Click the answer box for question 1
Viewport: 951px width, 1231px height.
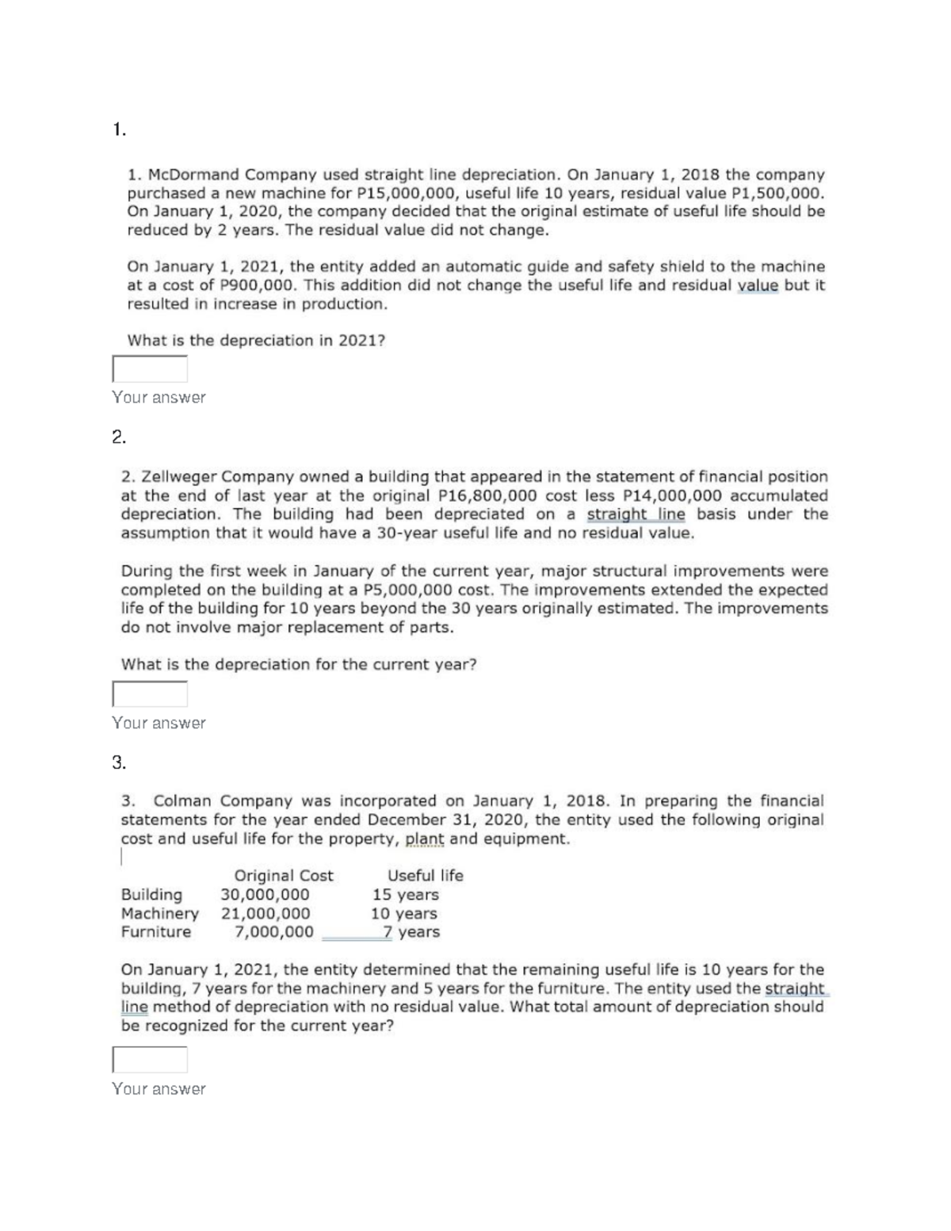pos(150,369)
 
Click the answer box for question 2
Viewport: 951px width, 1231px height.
pos(150,694)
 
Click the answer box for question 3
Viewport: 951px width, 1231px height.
pos(150,1059)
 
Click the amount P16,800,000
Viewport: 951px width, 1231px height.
pos(487,495)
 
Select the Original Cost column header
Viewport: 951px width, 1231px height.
pos(284,876)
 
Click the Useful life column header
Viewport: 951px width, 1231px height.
pos(425,876)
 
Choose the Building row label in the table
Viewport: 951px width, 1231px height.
pos(151,895)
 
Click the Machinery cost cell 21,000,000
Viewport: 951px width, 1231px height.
pos(265,913)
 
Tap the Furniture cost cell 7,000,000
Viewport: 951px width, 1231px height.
pos(274,932)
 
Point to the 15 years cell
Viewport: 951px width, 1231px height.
pos(406,895)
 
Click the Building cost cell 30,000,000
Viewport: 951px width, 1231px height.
pos(265,895)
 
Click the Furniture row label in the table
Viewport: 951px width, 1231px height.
pos(156,932)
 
